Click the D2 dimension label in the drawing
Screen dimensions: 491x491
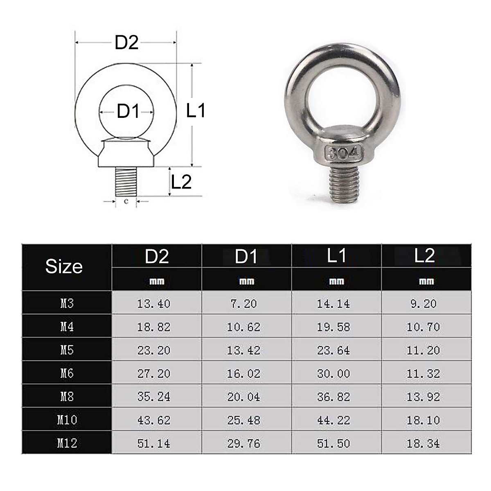pyautogui.click(x=126, y=43)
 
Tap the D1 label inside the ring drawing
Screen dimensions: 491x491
pyautogui.click(x=128, y=111)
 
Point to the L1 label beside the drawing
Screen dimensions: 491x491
pyautogui.click(x=196, y=111)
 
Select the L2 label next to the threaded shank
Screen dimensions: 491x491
pyautogui.click(x=181, y=182)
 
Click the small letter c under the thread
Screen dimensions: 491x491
pyautogui.click(x=126, y=201)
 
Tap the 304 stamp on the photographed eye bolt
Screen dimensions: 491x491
pyautogui.click(x=343, y=154)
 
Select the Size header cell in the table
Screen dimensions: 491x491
pyautogui.click(x=64, y=267)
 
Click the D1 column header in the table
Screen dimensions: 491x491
pyautogui.click(x=246, y=256)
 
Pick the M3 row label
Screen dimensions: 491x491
pyautogui.click(x=66, y=303)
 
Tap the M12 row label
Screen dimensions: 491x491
pyautogui.click(x=66, y=443)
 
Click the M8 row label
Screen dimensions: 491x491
pyautogui.click(x=66, y=396)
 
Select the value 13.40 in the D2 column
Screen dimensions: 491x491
pyautogui.click(x=153, y=304)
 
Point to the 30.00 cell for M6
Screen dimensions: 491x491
pyautogui.click(x=333, y=374)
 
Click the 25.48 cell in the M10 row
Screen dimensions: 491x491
pyautogui.click(x=243, y=420)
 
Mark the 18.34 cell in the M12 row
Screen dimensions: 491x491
pyautogui.click(x=423, y=444)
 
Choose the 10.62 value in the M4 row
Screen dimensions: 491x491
pyautogui.click(x=243, y=327)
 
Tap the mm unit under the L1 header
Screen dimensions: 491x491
pyautogui.click(x=336, y=281)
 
